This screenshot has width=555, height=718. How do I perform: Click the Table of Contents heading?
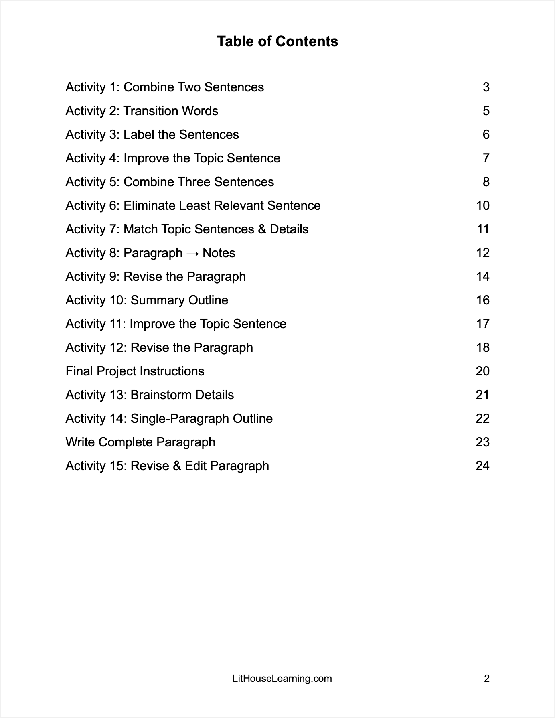277,41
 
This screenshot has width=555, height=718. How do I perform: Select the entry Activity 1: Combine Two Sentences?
164,87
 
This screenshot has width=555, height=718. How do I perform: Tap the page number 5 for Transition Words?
486,111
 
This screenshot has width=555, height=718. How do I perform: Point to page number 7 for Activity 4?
486,158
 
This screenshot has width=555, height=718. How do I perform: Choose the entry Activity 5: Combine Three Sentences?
170,182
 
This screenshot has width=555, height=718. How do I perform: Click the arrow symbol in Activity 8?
192,253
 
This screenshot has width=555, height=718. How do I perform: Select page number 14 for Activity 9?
483,277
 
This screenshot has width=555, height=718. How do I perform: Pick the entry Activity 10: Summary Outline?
147,300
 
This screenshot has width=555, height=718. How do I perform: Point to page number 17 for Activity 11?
483,324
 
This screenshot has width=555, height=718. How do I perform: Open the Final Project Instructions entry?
135,371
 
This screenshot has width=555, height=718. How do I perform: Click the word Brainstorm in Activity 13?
155,395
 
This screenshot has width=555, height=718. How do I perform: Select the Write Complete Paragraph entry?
140,442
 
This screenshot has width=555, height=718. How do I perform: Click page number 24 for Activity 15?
482,466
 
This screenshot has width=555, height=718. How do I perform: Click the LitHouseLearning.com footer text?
282,679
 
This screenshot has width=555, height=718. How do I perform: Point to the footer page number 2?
487,679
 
